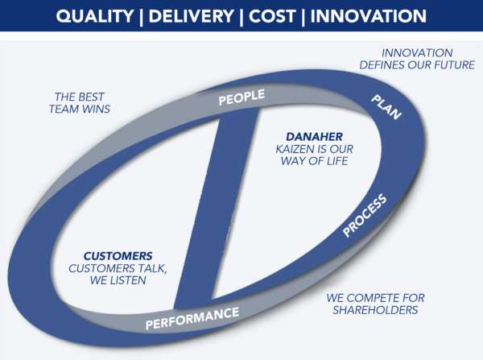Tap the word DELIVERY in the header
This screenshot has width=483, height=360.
pos(191,17)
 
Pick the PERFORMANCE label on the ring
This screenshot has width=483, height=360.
pos(192,319)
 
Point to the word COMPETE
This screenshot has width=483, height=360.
pos(380,297)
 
